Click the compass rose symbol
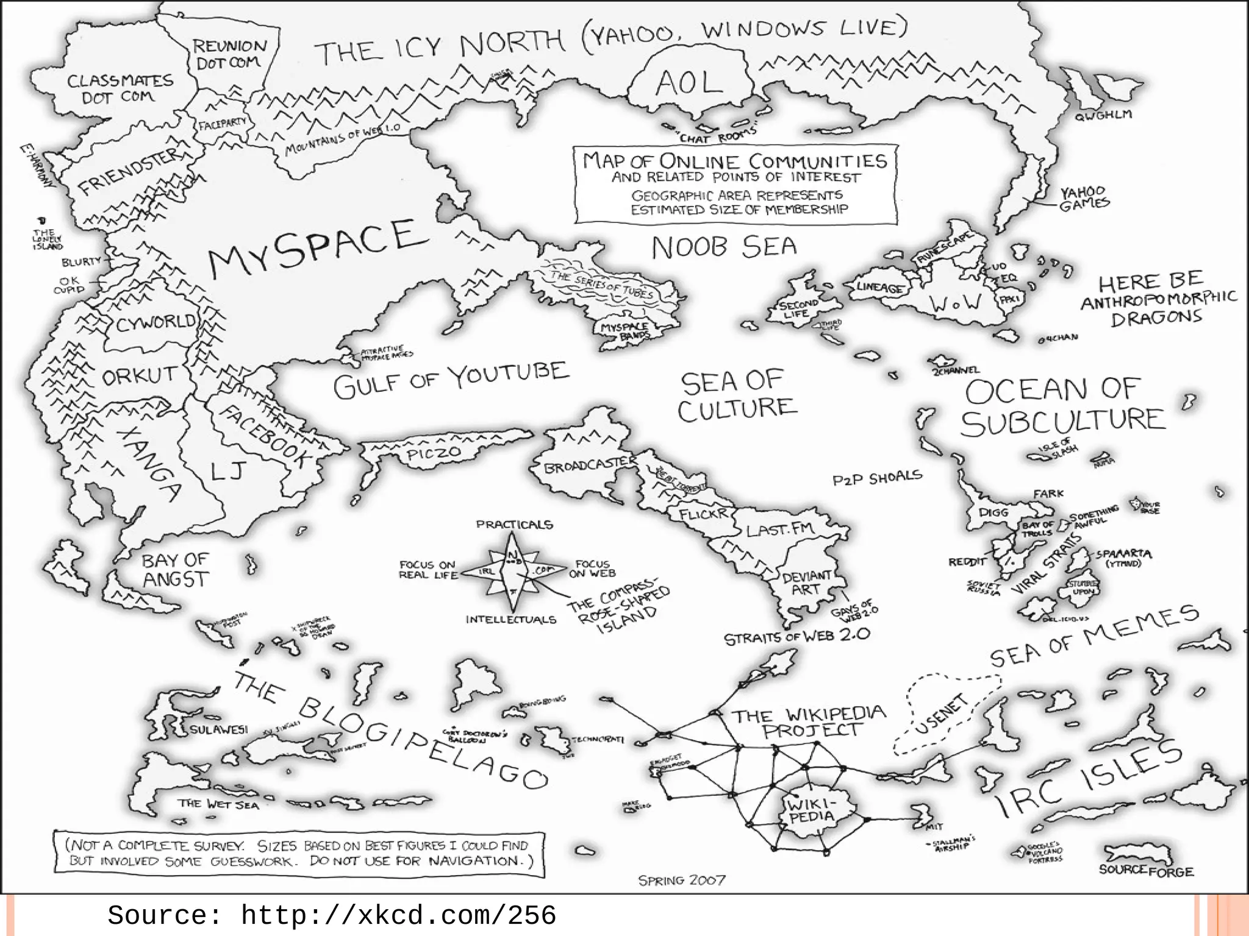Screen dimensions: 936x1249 513,572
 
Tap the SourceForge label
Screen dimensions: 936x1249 1146,870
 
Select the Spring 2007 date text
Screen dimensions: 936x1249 682,880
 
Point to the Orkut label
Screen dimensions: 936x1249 140,377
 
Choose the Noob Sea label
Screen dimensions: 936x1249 724,247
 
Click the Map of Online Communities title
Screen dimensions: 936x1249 735,161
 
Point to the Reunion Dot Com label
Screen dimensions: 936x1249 229,54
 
